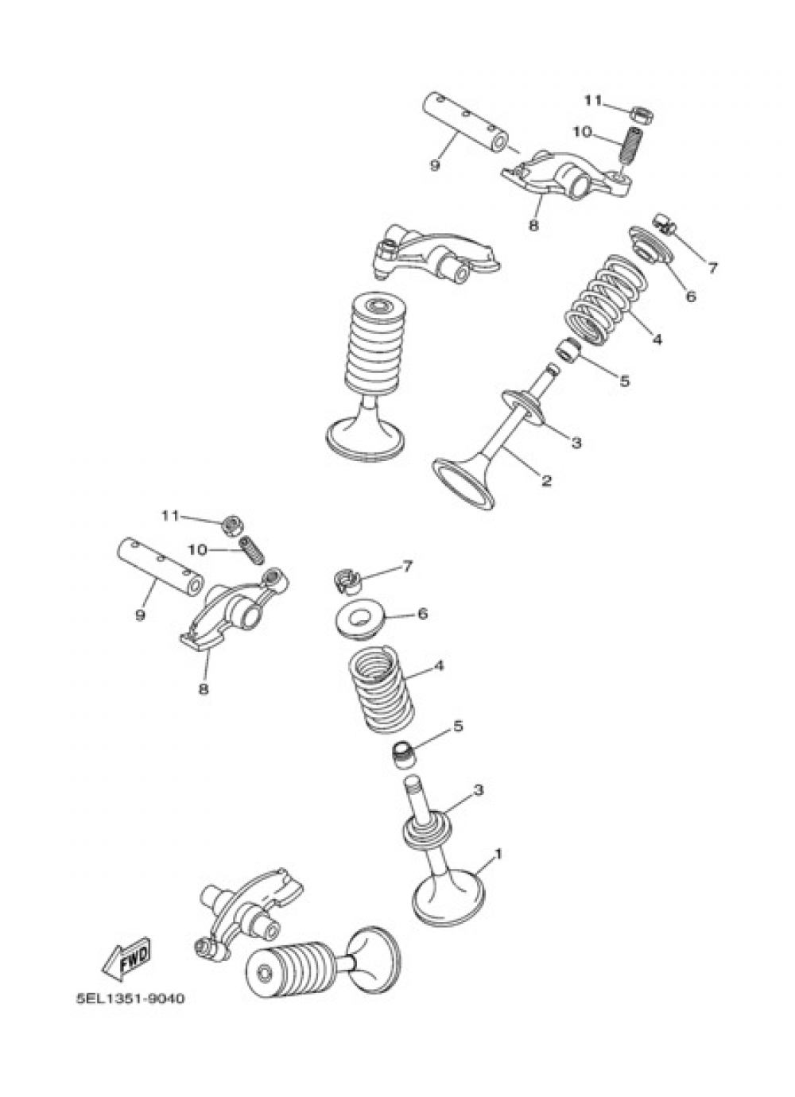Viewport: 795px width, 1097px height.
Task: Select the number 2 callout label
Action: coord(546,480)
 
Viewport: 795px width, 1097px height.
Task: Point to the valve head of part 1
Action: coord(449,896)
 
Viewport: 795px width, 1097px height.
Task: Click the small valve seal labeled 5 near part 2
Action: coord(569,351)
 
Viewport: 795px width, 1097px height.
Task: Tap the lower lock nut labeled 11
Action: coord(229,525)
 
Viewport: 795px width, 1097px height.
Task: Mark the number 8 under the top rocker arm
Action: coord(534,226)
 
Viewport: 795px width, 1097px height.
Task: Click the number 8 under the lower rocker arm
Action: coord(204,688)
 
